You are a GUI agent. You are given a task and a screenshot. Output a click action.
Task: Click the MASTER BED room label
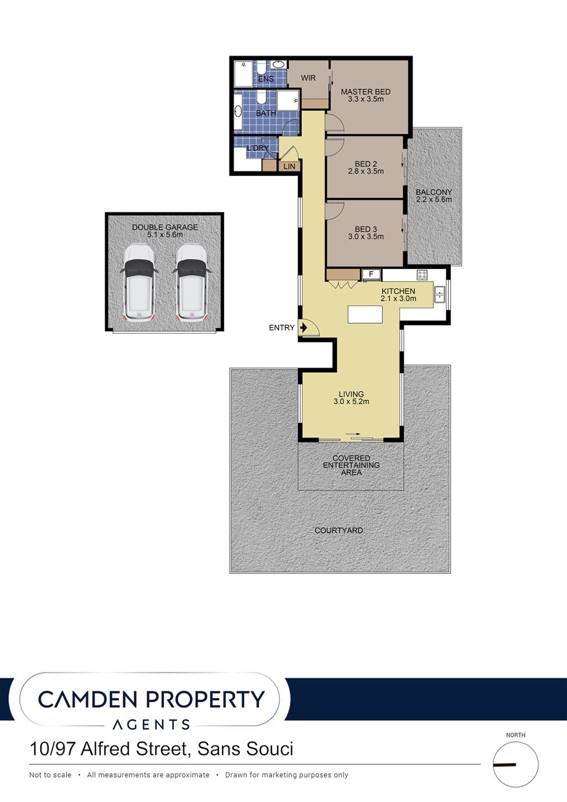pyautogui.click(x=365, y=92)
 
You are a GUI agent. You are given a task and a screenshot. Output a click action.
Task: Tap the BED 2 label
pyautogui.click(x=365, y=164)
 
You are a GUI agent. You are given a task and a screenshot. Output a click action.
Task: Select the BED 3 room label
pyautogui.click(x=365, y=229)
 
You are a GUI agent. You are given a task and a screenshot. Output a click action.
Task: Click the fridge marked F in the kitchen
pyautogui.click(x=371, y=275)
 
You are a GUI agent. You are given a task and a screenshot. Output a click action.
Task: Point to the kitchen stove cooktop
pyautogui.click(x=422, y=275)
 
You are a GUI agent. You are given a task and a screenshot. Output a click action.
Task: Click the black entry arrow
pyautogui.click(x=304, y=328)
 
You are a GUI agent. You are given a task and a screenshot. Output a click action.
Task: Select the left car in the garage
pyautogui.click(x=138, y=282)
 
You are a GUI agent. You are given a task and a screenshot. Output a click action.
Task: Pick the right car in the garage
pyautogui.click(x=191, y=282)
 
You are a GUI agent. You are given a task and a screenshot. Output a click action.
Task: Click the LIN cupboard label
pyautogui.click(x=290, y=166)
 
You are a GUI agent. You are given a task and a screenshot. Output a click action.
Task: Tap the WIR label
pyautogui.click(x=308, y=77)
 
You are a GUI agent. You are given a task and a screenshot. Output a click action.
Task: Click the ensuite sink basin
pyautogui.click(x=278, y=65)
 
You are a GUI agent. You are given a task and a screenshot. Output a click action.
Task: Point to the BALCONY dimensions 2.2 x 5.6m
pyautogui.click(x=434, y=199)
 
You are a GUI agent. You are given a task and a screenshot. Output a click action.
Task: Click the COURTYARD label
pyautogui.click(x=338, y=530)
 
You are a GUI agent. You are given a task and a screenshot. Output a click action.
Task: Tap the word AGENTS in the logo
pyautogui.click(x=151, y=725)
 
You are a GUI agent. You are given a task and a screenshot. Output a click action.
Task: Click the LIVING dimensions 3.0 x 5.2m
pyautogui.click(x=351, y=401)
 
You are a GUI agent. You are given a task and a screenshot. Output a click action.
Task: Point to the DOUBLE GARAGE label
pyautogui.click(x=165, y=227)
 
